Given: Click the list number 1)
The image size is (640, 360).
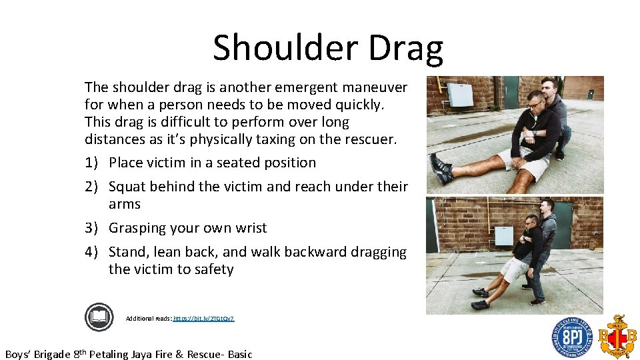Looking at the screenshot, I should [93, 163].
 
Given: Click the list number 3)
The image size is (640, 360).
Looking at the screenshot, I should [93, 228].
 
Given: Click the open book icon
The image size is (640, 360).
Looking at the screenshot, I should [99, 317].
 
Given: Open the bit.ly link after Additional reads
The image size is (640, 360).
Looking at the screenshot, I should [203, 319].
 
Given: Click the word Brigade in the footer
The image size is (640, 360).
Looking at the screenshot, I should [55, 354].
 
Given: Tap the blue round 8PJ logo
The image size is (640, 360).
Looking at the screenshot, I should [571, 337].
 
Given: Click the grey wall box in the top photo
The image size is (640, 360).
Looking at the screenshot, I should [460, 95].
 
